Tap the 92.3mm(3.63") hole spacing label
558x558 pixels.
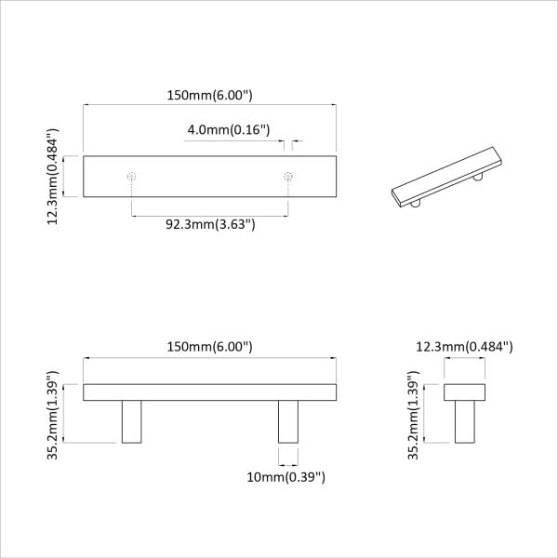210,224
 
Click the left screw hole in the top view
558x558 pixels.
132,175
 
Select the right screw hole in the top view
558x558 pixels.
287,175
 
